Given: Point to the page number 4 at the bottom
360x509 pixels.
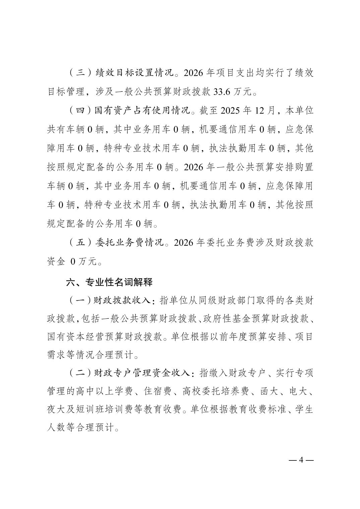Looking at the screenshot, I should (301, 460).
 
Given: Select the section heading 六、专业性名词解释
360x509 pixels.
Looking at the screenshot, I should (109, 282).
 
